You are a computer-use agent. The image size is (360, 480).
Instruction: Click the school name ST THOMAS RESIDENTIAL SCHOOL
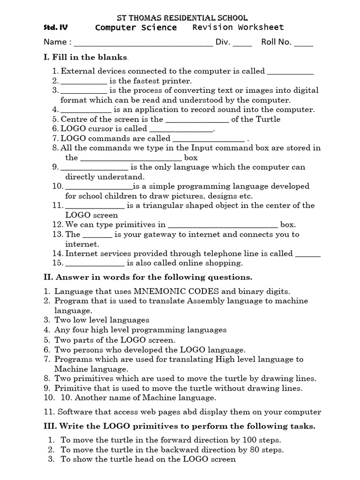click(181, 18)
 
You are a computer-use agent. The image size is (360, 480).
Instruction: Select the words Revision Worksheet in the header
click(238, 27)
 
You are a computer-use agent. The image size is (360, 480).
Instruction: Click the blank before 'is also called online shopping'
click(95, 263)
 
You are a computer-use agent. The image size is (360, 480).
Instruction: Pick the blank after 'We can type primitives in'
click(223, 225)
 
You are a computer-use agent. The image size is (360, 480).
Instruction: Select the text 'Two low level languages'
click(102, 320)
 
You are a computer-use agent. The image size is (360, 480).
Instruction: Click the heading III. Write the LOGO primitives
click(179, 426)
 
